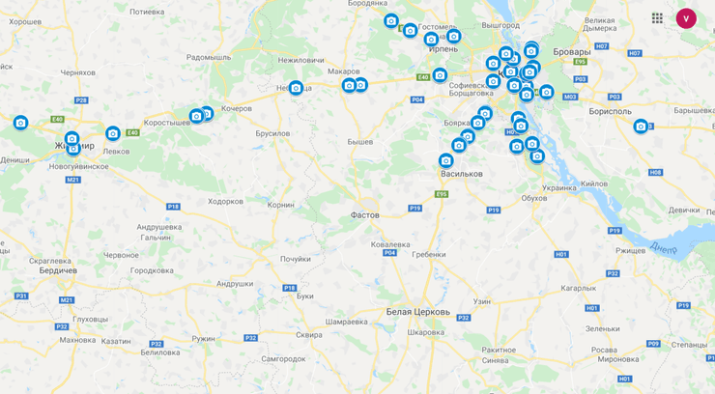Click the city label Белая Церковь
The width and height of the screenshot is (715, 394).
point(417,312)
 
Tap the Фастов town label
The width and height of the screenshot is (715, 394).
point(364,215)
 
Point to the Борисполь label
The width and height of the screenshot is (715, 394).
point(610,111)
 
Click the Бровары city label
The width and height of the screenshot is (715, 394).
point(571,51)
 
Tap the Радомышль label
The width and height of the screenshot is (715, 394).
point(209,57)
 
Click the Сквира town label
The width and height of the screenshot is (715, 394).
point(308,334)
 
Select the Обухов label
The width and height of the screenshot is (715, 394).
point(534,198)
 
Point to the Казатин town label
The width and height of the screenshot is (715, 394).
point(116,341)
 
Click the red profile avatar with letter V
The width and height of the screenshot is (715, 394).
point(686,18)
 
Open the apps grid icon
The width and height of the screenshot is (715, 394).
point(657,18)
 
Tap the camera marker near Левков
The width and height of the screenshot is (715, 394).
point(113,134)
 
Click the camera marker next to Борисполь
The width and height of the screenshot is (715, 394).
point(640,127)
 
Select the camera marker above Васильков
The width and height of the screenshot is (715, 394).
point(445,160)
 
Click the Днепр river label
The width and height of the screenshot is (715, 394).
point(664,247)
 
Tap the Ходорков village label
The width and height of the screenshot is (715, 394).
point(225,201)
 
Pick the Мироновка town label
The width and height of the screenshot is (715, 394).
point(617,358)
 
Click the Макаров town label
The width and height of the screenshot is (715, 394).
point(343,70)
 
